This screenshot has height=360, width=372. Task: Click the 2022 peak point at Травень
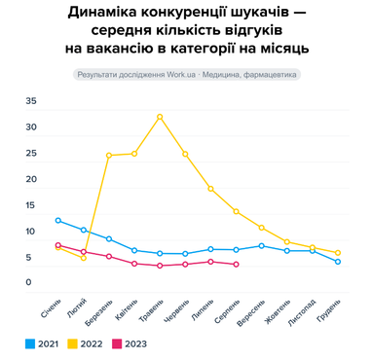click(160, 117)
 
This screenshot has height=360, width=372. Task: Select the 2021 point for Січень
click(58, 220)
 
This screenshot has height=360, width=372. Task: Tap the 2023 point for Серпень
click(237, 265)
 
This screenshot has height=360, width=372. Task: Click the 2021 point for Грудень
click(338, 262)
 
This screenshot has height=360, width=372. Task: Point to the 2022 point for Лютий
click(84, 258)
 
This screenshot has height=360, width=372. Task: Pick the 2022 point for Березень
click(109, 156)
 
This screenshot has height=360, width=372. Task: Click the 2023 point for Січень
click(58, 245)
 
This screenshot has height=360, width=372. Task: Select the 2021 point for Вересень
click(262, 245)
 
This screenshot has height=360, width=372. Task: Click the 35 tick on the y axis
click(30, 101)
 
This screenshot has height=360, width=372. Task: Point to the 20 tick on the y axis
click(30, 179)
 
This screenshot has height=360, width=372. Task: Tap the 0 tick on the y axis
click(30, 283)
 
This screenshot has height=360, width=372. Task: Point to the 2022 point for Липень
click(210, 189)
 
